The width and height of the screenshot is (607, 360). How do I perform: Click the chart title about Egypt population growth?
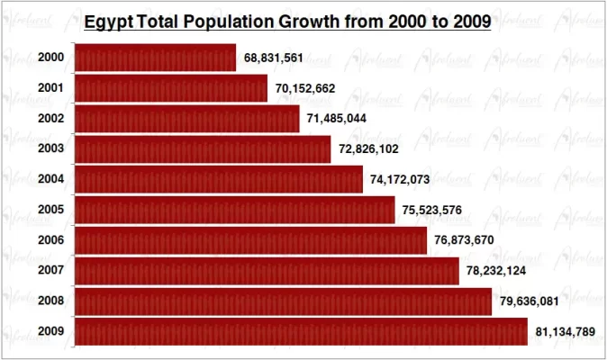[x=287, y=22]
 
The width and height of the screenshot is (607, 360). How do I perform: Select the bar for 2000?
[x=154, y=58]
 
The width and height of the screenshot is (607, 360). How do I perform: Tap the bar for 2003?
[x=202, y=148]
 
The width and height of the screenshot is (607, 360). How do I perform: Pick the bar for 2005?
[x=234, y=210]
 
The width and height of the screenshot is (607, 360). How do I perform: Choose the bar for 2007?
[x=266, y=271]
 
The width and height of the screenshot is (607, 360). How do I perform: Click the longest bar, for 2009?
[x=300, y=332]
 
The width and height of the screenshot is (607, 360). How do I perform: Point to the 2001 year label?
[x=51, y=88]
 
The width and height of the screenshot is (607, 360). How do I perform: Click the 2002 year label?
[x=51, y=119]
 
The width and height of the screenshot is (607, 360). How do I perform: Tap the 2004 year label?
[x=51, y=179]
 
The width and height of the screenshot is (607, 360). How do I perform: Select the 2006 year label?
[x=51, y=240]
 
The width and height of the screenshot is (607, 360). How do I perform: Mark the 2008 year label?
[x=51, y=301]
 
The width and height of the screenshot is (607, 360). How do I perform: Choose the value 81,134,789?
[x=565, y=333]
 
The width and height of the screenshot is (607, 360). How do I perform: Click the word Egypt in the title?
[x=107, y=22]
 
